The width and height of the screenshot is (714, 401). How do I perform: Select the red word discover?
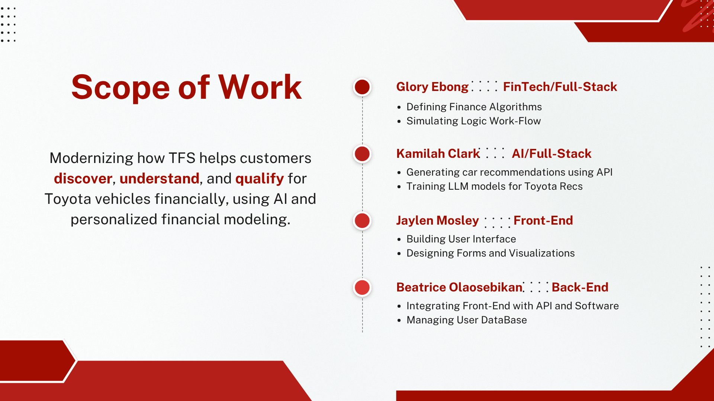pos(83,179)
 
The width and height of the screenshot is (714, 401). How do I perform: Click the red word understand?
pos(160,179)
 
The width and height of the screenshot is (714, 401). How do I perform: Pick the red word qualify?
pos(260,179)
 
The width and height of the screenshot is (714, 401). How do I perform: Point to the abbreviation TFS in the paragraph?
pos(182,158)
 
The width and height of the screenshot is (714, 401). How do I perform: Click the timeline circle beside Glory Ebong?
pos(362,87)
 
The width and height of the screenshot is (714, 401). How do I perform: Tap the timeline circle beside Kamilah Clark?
pos(362,154)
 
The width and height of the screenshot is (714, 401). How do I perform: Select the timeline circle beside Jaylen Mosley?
pos(362,221)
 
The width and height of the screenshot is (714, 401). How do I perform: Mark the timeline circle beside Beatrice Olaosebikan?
pos(362,287)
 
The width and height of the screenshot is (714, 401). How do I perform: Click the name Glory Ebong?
pos(432,87)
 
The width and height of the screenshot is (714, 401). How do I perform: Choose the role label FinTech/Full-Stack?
pos(560,87)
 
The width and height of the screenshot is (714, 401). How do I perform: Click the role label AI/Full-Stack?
pos(551,154)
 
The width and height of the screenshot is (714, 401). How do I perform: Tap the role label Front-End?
pos(543,221)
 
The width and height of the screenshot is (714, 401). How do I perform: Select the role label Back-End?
pos(580,287)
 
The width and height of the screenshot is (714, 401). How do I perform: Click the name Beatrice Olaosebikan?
pos(459,287)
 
